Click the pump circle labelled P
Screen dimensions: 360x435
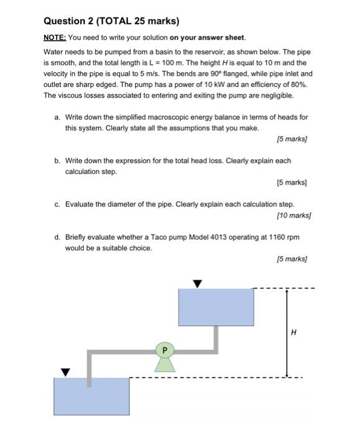point(165,350)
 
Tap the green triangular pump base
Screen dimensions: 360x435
point(165,365)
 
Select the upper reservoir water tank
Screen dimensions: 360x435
point(216,307)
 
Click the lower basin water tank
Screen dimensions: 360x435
point(91,396)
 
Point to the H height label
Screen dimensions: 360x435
point(293,332)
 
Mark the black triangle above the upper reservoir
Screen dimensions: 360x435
point(197,284)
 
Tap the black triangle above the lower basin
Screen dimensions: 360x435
point(65,373)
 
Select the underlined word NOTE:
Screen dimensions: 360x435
point(55,37)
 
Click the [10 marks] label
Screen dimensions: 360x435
point(294,215)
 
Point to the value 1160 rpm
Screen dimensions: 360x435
point(284,237)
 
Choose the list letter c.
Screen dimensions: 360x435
point(57,204)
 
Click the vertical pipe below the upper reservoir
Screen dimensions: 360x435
point(216,340)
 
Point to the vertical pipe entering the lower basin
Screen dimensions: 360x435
point(90,369)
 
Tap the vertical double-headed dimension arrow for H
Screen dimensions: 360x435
point(287,333)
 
